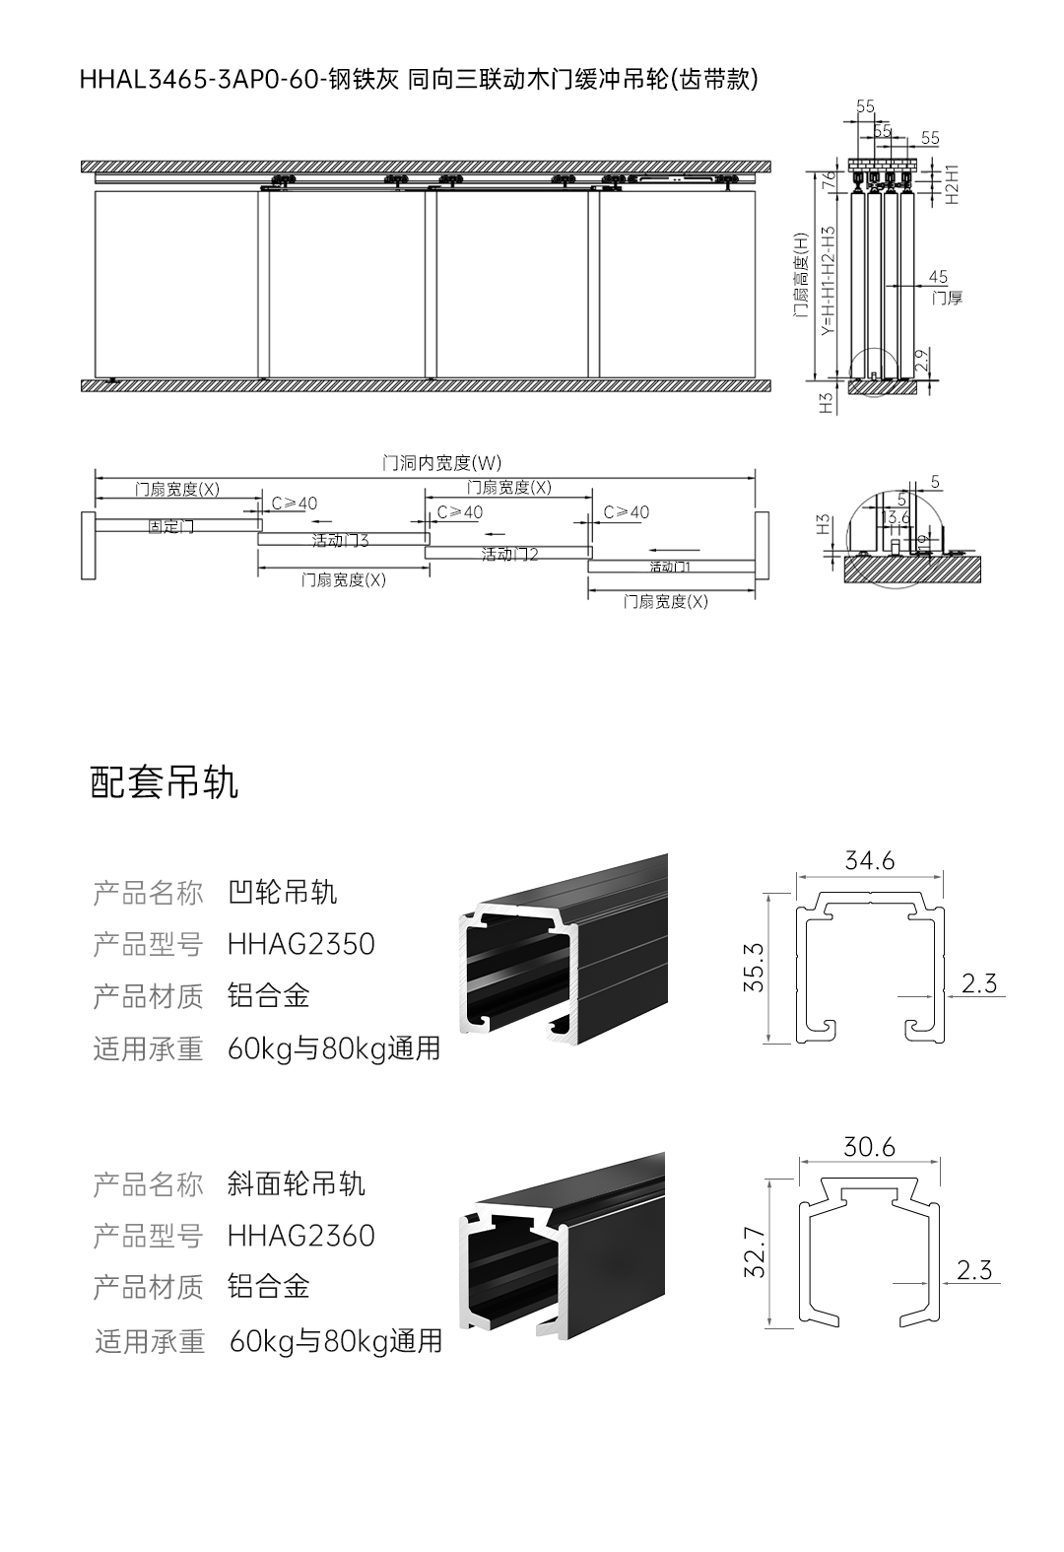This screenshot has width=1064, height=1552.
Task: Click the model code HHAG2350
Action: [300, 944]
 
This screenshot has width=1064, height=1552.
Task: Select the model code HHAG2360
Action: [300, 1235]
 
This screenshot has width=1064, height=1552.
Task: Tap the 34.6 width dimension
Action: [869, 861]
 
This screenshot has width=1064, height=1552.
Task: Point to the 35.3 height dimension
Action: [754, 968]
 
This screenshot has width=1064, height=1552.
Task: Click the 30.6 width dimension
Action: [869, 1147]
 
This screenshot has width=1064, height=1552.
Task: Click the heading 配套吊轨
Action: [164, 783]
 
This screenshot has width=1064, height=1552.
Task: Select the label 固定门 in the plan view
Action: [170, 527]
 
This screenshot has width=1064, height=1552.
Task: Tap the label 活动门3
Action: [340, 541]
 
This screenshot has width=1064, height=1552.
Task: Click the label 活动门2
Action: [509, 555]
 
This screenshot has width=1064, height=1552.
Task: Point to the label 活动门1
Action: [670, 567]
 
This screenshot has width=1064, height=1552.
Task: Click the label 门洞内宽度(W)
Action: [441, 462]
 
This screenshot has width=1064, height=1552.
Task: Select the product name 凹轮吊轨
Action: [282, 893]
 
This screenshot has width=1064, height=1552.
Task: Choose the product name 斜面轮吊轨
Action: [296, 1183]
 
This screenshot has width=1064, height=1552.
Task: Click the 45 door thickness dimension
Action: [937, 277]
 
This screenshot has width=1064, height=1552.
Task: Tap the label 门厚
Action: [946, 298]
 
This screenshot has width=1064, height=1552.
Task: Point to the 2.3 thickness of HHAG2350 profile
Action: [978, 982]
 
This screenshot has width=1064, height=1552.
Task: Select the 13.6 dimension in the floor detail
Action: [896, 516]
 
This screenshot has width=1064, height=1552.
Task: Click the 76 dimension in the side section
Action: [829, 179]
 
